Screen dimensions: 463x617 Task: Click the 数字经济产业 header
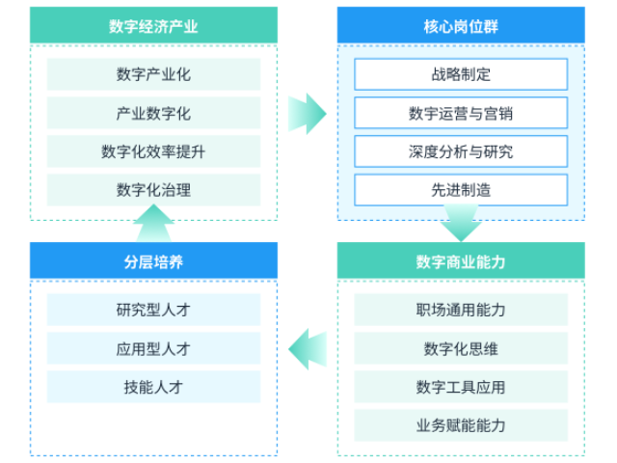click(153, 25)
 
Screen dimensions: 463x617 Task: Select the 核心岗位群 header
click(461, 25)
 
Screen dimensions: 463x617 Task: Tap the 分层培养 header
click(153, 261)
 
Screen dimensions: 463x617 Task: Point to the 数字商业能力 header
click(461, 261)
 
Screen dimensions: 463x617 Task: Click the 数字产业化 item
click(153, 74)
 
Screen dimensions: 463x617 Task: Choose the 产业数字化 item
click(153, 113)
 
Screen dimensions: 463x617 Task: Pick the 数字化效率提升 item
click(153, 151)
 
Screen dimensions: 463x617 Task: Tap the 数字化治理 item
click(153, 190)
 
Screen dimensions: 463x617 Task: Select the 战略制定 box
click(461, 74)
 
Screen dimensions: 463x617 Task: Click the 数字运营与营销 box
click(461, 113)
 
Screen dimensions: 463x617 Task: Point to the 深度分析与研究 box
click(461, 151)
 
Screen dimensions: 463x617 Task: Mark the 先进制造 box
click(461, 190)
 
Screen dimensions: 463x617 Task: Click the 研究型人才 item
click(153, 310)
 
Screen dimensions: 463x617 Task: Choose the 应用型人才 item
click(153, 348)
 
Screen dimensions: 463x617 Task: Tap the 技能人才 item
click(153, 387)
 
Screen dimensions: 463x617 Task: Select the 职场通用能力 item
click(461, 310)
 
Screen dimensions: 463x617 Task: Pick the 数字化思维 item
click(461, 348)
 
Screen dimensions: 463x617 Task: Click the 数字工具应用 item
click(461, 387)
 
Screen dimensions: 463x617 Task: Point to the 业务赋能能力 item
click(461, 425)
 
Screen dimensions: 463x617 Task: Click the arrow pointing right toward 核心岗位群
click(307, 114)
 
